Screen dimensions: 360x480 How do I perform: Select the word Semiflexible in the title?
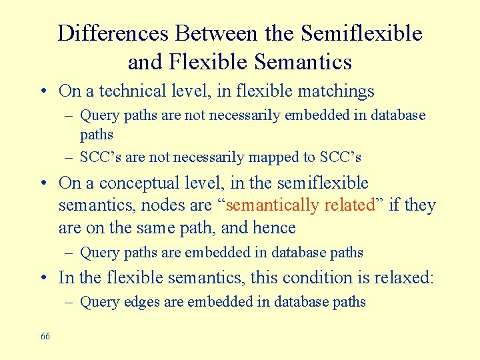[362, 33]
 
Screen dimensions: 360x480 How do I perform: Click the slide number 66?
[45, 336]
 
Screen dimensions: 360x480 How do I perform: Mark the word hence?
[274, 228]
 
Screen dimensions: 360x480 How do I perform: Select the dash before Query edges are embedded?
[71, 302]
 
